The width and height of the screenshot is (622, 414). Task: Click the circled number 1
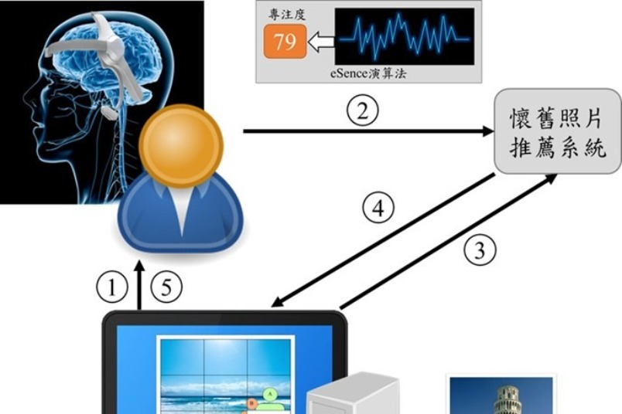pos(112,287)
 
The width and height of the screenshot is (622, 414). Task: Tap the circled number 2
pos(363,111)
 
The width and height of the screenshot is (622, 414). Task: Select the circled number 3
pos(480,250)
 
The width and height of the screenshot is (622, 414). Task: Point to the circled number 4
pos(378,208)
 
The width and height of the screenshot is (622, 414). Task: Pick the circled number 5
pos(166,287)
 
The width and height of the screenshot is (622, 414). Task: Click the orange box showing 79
pos(285,42)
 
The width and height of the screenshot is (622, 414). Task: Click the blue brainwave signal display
pos(404,36)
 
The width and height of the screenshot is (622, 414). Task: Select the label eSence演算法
pos(368,73)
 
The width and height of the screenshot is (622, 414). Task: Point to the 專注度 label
pos(286,15)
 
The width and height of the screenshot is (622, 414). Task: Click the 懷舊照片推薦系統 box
pos(557,131)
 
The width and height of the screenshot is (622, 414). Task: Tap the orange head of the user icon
pos(181,145)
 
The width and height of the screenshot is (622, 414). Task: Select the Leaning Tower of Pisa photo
pos(501,395)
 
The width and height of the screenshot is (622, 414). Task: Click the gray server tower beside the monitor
pos(353,394)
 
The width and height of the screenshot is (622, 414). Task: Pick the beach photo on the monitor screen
pos(225,375)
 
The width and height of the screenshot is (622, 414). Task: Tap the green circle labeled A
pos(271,394)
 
